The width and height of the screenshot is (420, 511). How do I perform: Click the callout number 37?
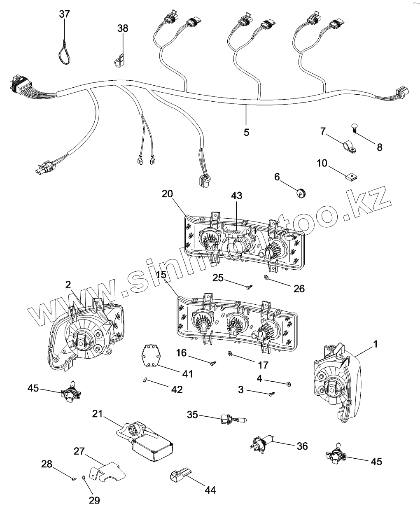[x=64, y=14]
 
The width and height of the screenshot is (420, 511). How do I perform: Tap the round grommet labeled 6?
[x=303, y=191]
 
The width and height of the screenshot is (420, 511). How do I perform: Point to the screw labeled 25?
[x=249, y=286]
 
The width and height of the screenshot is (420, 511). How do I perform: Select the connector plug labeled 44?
[x=180, y=478]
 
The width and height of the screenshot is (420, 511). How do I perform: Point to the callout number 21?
[x=97, y=414]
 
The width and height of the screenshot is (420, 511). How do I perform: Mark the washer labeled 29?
[x=84, y=478]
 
